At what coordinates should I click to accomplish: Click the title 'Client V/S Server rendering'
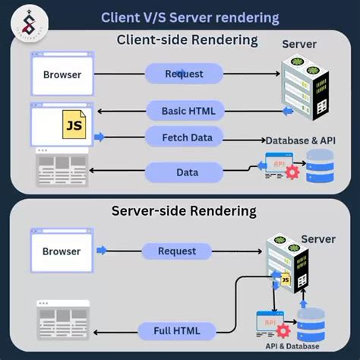click(190, 17)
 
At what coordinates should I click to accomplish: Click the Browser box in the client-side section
click(62, 74)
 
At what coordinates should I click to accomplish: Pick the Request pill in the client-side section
click(183, 74)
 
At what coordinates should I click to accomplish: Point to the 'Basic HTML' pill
click(188, 112)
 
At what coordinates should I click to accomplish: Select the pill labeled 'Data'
click(187, 172)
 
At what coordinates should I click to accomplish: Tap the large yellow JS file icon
click(74, 124)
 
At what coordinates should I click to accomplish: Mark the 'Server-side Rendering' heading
click(185, 210)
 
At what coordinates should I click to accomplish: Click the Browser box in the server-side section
click(62, 251)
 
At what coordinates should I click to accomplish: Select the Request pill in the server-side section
click(176, 251)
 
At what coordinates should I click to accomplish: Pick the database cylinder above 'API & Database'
click(311, 324)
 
